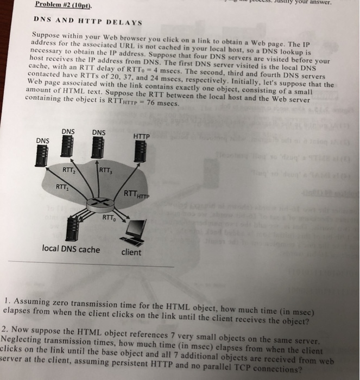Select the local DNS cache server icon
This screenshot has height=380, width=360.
coord(70,228)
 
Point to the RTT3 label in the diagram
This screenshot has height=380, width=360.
coord(105,173)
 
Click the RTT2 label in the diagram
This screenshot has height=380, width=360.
coord(69,170)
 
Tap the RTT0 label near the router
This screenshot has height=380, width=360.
coord(109,219)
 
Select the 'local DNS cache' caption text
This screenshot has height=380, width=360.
coord(71,250)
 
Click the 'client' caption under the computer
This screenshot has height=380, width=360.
coord(131,252)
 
